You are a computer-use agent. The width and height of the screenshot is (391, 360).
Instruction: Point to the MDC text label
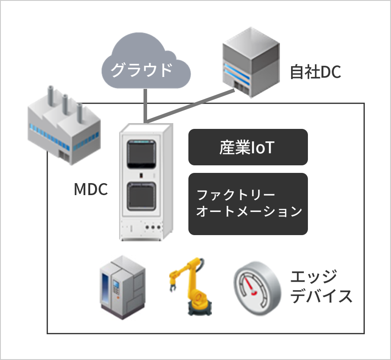[91, 190]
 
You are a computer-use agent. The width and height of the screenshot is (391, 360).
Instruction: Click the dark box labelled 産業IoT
[248, 147]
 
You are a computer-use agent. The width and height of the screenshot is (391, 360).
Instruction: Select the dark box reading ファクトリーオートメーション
[248, 204]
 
